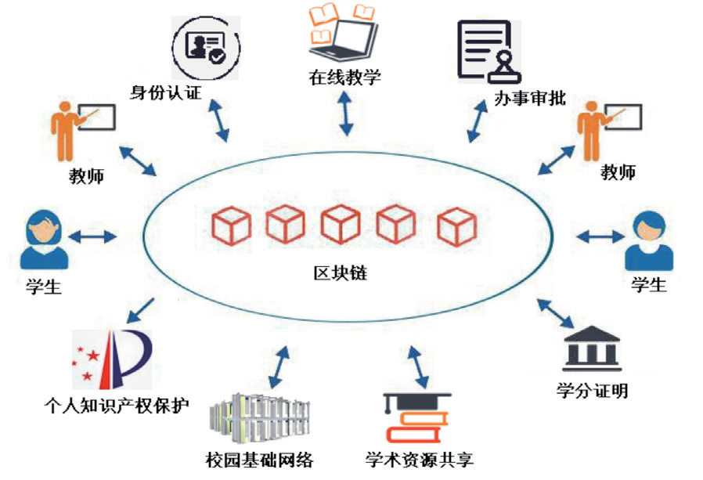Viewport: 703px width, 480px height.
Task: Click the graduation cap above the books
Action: pos(412,404)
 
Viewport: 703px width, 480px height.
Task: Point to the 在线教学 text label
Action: pos(343,78)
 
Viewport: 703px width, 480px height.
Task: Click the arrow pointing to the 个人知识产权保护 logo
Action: pos(140,310)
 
